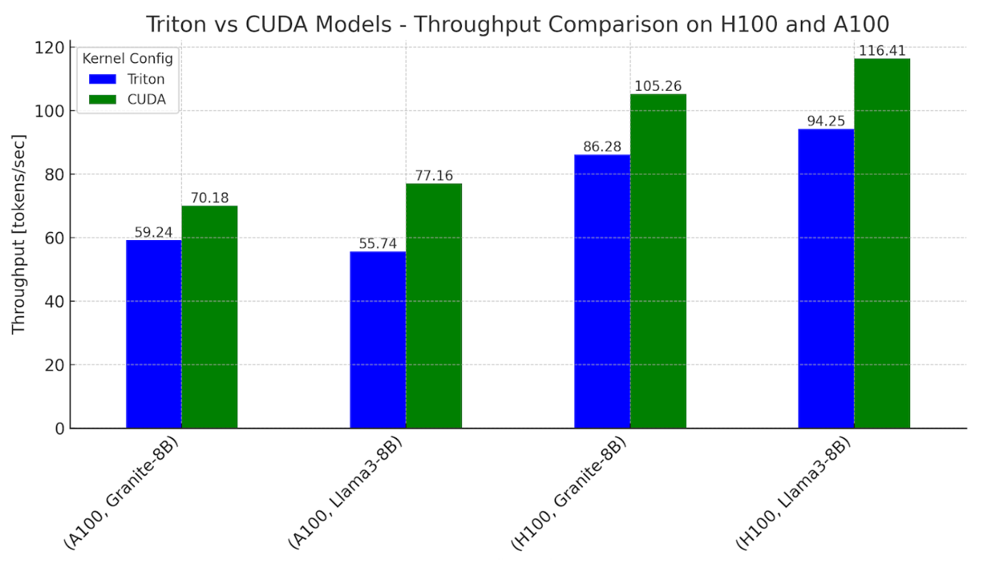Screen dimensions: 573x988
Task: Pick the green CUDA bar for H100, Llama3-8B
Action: point(882,243)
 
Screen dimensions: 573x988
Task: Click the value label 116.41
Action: point(882,51)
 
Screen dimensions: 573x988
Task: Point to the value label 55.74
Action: point(378,244)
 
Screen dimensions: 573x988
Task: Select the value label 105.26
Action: point(657,86)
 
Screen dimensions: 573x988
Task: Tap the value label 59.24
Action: point(153,232)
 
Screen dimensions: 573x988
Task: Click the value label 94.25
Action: point(825,121)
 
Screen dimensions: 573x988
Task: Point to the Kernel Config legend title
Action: point(128,58)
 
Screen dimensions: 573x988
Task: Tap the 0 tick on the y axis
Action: point(60,429)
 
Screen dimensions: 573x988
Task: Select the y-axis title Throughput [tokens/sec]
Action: point(19,234)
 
